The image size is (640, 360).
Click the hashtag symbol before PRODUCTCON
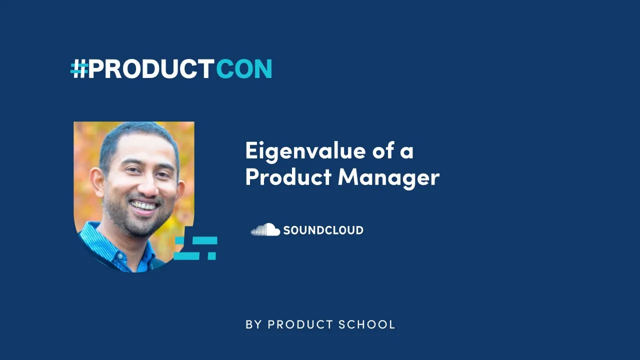[x=79, y=69]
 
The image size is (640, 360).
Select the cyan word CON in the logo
[x=244, y=69]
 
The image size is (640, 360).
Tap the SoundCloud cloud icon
[x=265, y=230]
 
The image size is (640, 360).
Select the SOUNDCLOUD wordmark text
[x=323, y=230]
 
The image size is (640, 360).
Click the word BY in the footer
[x=253, y=324]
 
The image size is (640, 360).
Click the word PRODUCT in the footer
[x=300, y=324]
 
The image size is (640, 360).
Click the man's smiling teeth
[x=144, y=205]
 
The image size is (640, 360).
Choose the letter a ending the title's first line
[x=407, y=152]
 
